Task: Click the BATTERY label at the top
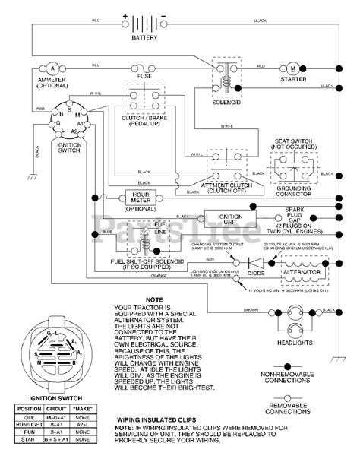point(144,37)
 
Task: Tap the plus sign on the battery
point(125,14)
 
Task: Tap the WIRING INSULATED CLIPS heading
point(157,419)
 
